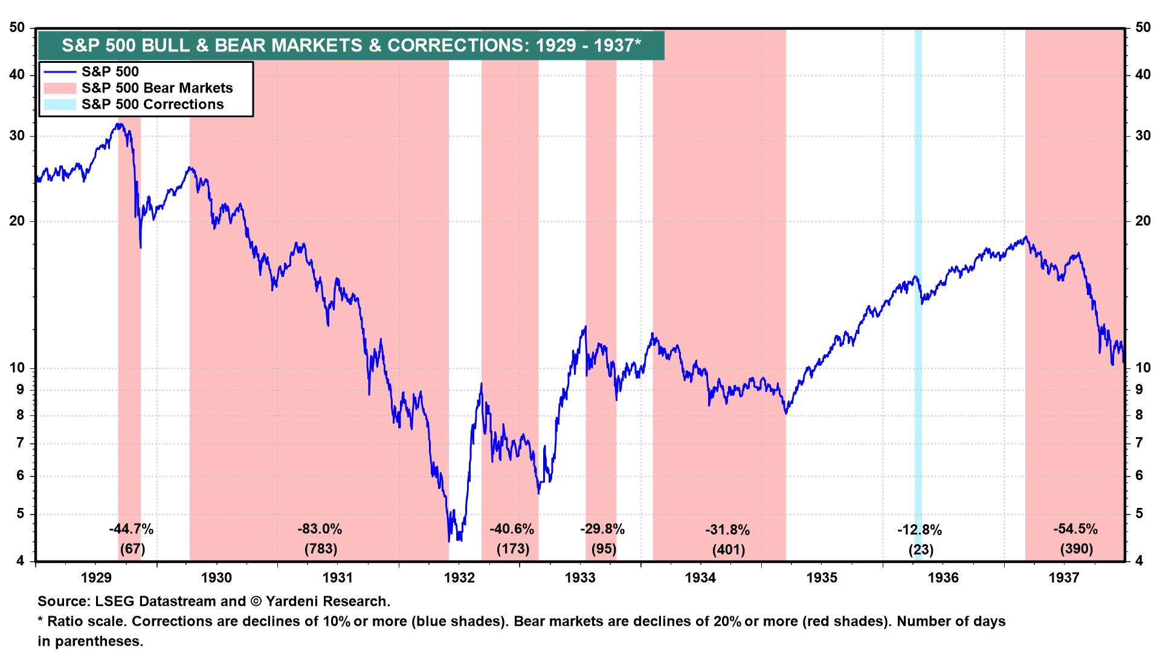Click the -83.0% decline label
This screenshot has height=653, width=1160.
[319, 530]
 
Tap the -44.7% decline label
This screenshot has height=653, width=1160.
[131, 530]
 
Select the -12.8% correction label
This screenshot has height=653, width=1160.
[919, 530]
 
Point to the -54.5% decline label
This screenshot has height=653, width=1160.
[1075, 529]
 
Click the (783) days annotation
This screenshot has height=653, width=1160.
[319, 550]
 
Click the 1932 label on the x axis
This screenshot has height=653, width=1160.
[459, 577]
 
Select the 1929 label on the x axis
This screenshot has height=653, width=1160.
[95, 577]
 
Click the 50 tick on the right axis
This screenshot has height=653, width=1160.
[1142, 28]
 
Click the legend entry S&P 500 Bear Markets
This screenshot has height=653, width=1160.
[157, 88]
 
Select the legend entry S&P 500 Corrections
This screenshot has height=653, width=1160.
[152, 104]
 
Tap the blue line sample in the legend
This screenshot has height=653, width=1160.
[59, 71]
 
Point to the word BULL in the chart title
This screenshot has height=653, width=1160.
[163, 46]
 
